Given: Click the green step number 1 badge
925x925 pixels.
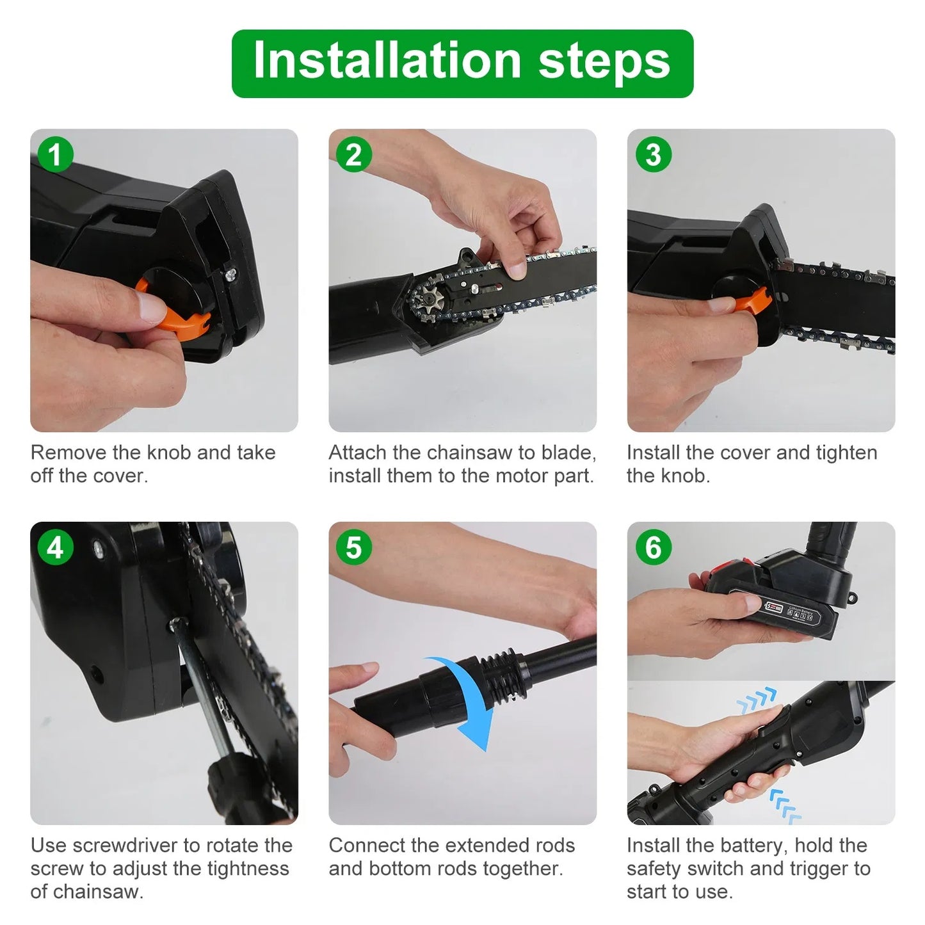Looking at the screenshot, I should [55, 155].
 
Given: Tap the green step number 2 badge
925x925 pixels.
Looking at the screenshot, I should [353, 155].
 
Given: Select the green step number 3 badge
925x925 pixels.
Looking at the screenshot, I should [652, 155].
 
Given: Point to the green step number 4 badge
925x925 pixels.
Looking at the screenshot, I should [55, 548].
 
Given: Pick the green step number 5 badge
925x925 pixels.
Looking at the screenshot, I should [353, 548].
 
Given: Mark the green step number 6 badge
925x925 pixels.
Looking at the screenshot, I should [652, 548].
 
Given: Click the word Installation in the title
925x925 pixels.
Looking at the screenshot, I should [387, 61].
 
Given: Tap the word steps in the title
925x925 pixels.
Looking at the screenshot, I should [604, 61].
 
